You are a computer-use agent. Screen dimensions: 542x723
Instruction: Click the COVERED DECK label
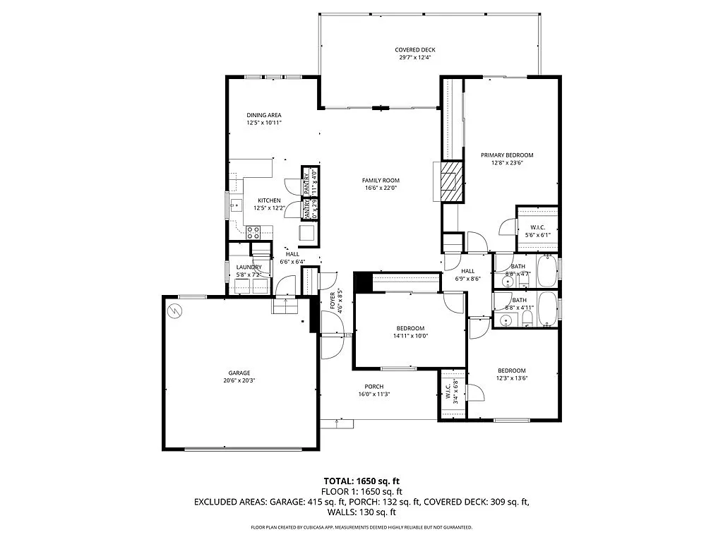414,49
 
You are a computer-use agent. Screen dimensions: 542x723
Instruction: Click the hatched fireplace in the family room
449,181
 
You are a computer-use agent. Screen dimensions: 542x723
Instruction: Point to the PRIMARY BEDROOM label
506,155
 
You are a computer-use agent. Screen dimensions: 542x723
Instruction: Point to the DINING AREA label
264,115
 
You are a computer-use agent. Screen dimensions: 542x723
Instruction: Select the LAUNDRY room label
249,267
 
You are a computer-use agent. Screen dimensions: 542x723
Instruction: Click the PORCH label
374,386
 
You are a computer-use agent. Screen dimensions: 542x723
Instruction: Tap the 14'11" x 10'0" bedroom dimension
410,335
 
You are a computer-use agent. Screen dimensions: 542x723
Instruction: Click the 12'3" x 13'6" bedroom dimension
511,378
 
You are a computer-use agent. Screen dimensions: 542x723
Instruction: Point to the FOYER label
332,301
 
